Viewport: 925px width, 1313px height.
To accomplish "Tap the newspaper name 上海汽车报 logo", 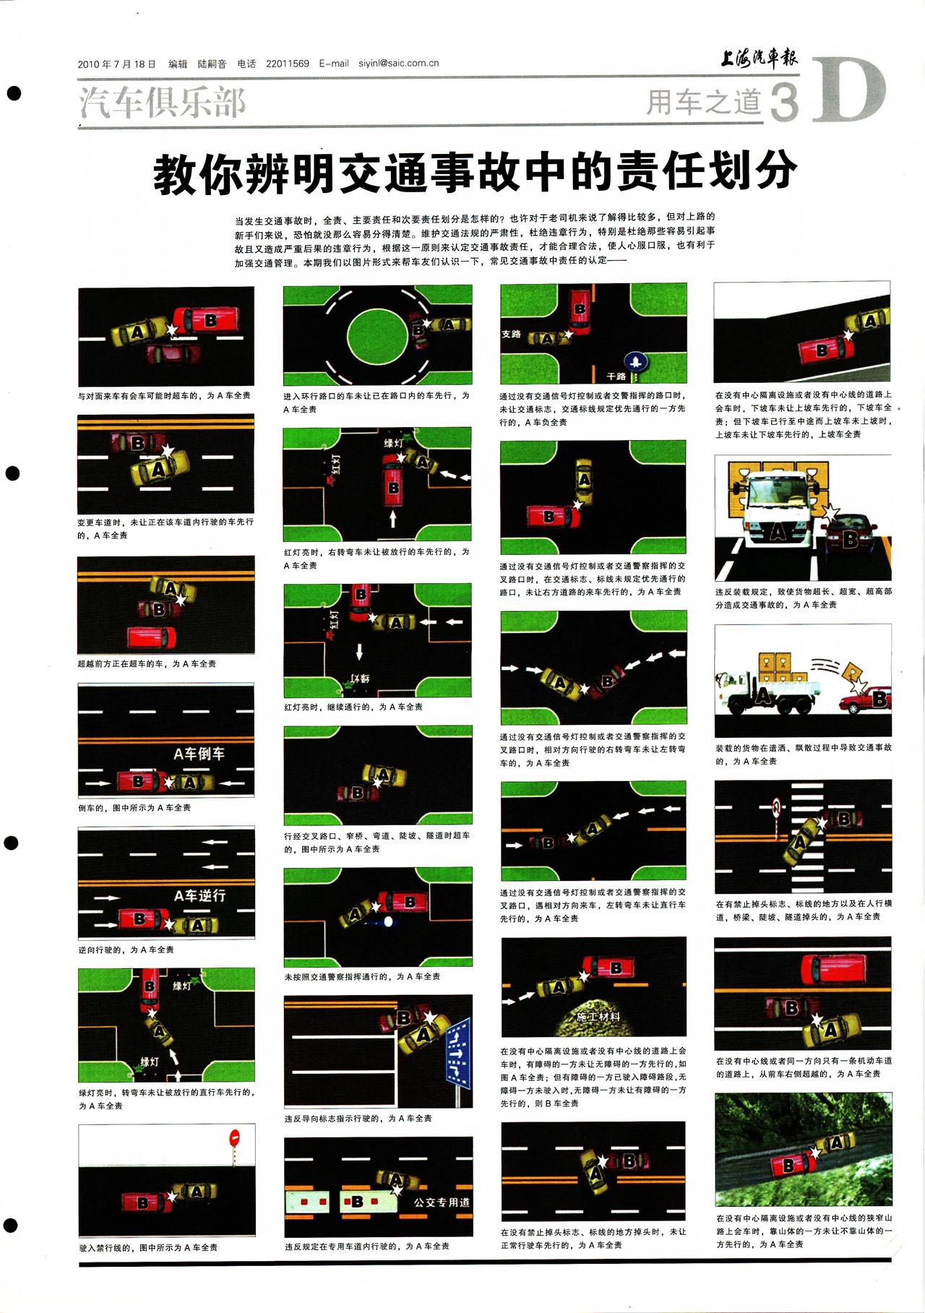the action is [759, 58].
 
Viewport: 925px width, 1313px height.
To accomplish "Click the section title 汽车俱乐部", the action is [163, 102].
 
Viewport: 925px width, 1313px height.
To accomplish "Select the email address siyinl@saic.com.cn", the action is [399, 63].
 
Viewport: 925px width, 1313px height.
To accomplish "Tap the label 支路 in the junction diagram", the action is [511, 334].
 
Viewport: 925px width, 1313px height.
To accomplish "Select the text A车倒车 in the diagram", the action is [199, 754].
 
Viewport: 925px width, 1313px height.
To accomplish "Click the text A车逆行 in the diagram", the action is [199, 895].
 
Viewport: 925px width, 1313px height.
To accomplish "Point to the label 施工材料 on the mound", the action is [598, 1016].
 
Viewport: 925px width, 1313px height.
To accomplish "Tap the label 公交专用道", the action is [442, 1202].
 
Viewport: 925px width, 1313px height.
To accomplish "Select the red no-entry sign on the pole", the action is [233, 1137].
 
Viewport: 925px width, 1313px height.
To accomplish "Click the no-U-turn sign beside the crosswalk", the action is [777, 806].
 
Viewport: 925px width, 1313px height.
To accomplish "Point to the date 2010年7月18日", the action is [116, 64].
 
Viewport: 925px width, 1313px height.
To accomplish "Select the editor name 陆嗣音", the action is [212, 64].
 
